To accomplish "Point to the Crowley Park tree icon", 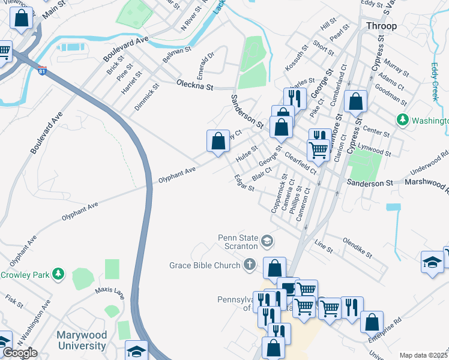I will pos(58,274).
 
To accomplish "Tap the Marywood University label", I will pos(82,340).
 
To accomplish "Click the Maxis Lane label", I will pos(109,293).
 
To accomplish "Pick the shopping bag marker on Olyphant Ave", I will pos(218,142).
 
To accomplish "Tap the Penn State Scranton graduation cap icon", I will pos(267,242).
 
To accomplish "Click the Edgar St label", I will pos(244,184).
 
